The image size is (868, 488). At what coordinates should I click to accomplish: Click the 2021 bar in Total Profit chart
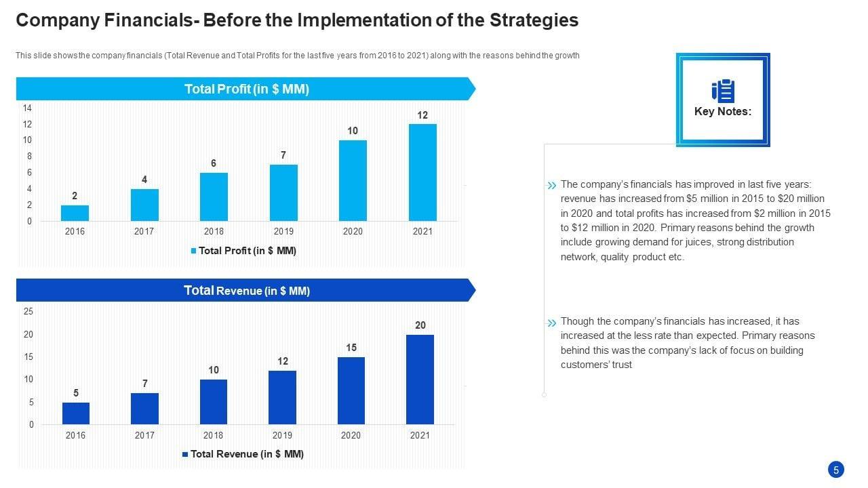[422, 172]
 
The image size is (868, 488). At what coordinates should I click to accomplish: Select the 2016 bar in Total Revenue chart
[76, 413]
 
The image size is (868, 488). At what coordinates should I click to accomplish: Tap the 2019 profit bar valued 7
[283, 192]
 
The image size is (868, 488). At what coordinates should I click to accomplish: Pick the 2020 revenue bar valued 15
[351, 390]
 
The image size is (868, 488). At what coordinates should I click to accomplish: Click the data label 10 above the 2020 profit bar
[353, 131]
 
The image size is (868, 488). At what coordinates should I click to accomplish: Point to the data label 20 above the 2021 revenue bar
[420, 325]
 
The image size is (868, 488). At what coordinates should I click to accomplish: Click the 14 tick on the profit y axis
[27, 108]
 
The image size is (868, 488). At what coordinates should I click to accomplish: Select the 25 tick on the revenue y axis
[28, 312]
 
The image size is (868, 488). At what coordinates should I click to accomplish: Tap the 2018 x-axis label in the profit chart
[214, 232]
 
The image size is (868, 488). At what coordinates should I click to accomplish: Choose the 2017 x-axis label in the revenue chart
[144, 436]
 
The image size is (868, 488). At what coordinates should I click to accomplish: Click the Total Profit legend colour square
[193, 251]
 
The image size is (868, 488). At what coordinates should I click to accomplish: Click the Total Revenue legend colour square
[185, 454]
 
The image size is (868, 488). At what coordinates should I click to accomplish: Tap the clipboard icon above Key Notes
[723, 91]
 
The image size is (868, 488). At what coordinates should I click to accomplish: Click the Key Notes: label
[723, 112]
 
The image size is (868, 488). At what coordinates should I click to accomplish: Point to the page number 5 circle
[836, 470]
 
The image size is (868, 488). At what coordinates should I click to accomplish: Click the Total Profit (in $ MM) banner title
[246, 89]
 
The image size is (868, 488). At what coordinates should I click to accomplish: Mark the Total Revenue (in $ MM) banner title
[246, 291]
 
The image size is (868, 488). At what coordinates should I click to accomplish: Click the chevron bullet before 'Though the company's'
[551, 323]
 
